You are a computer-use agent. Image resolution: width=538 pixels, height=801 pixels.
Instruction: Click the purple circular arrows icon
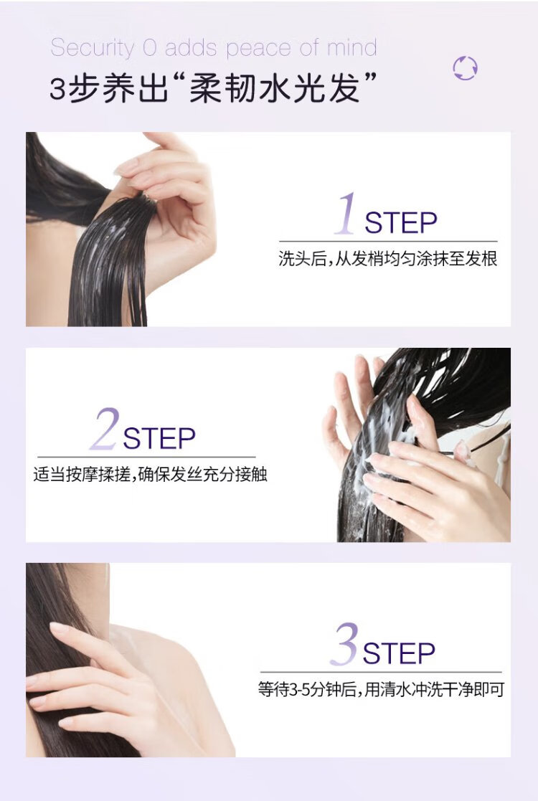click(465, 68)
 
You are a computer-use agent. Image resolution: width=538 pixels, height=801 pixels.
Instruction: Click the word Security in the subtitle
click(93, 47)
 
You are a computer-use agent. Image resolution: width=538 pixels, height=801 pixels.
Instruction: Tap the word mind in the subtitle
click(351, 47)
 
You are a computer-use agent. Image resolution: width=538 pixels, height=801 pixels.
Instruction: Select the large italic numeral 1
click(346, 214)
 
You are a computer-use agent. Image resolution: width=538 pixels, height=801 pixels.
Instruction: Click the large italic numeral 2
click(105, 429)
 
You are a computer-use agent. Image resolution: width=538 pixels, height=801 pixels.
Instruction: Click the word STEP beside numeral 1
click(401, 223)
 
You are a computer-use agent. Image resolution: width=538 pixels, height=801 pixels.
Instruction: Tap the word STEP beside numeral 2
click(159, 438)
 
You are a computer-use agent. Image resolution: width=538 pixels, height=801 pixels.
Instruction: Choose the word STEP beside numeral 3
click(399, 653)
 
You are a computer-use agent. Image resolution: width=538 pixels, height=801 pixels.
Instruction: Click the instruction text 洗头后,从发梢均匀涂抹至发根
click(388, 258)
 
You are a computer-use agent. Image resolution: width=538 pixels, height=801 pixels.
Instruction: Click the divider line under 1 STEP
click(388, 241)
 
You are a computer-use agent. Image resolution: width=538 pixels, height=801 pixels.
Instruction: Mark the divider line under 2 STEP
click(146, 457)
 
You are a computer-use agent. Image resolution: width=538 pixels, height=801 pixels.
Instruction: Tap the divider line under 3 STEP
click(381, 672)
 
